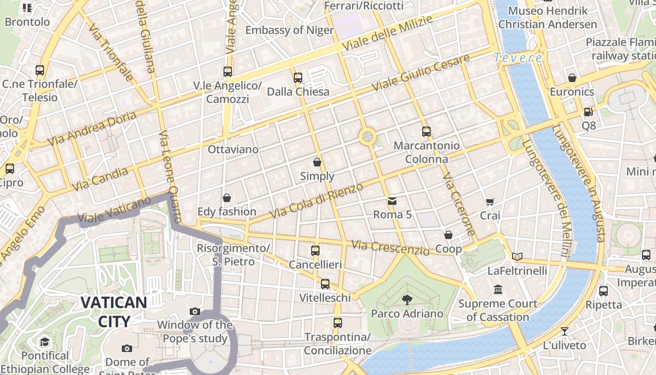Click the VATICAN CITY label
tap(114, 312)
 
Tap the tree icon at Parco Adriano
tap(407, 300)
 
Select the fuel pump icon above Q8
tap(588, 112)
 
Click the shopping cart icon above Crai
tap(490, 202)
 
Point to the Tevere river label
tap(518, 58)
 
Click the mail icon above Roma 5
tap(392, 201)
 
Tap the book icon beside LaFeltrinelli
tap(517, 256)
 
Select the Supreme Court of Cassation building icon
tap(498, 290)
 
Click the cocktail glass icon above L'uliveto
tap(564, 331)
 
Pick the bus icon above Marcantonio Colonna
tap(426, 132)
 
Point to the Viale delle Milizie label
tap(387, 33)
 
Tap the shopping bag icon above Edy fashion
tap(227, 198)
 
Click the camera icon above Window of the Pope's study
tap(195, 311)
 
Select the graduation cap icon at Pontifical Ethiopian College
tap(45, 342)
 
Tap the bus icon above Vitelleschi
tap(325, 284)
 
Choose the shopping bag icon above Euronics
tap(572, 78)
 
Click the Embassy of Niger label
tap(289, 30)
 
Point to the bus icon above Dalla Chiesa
tap(298, 78)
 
